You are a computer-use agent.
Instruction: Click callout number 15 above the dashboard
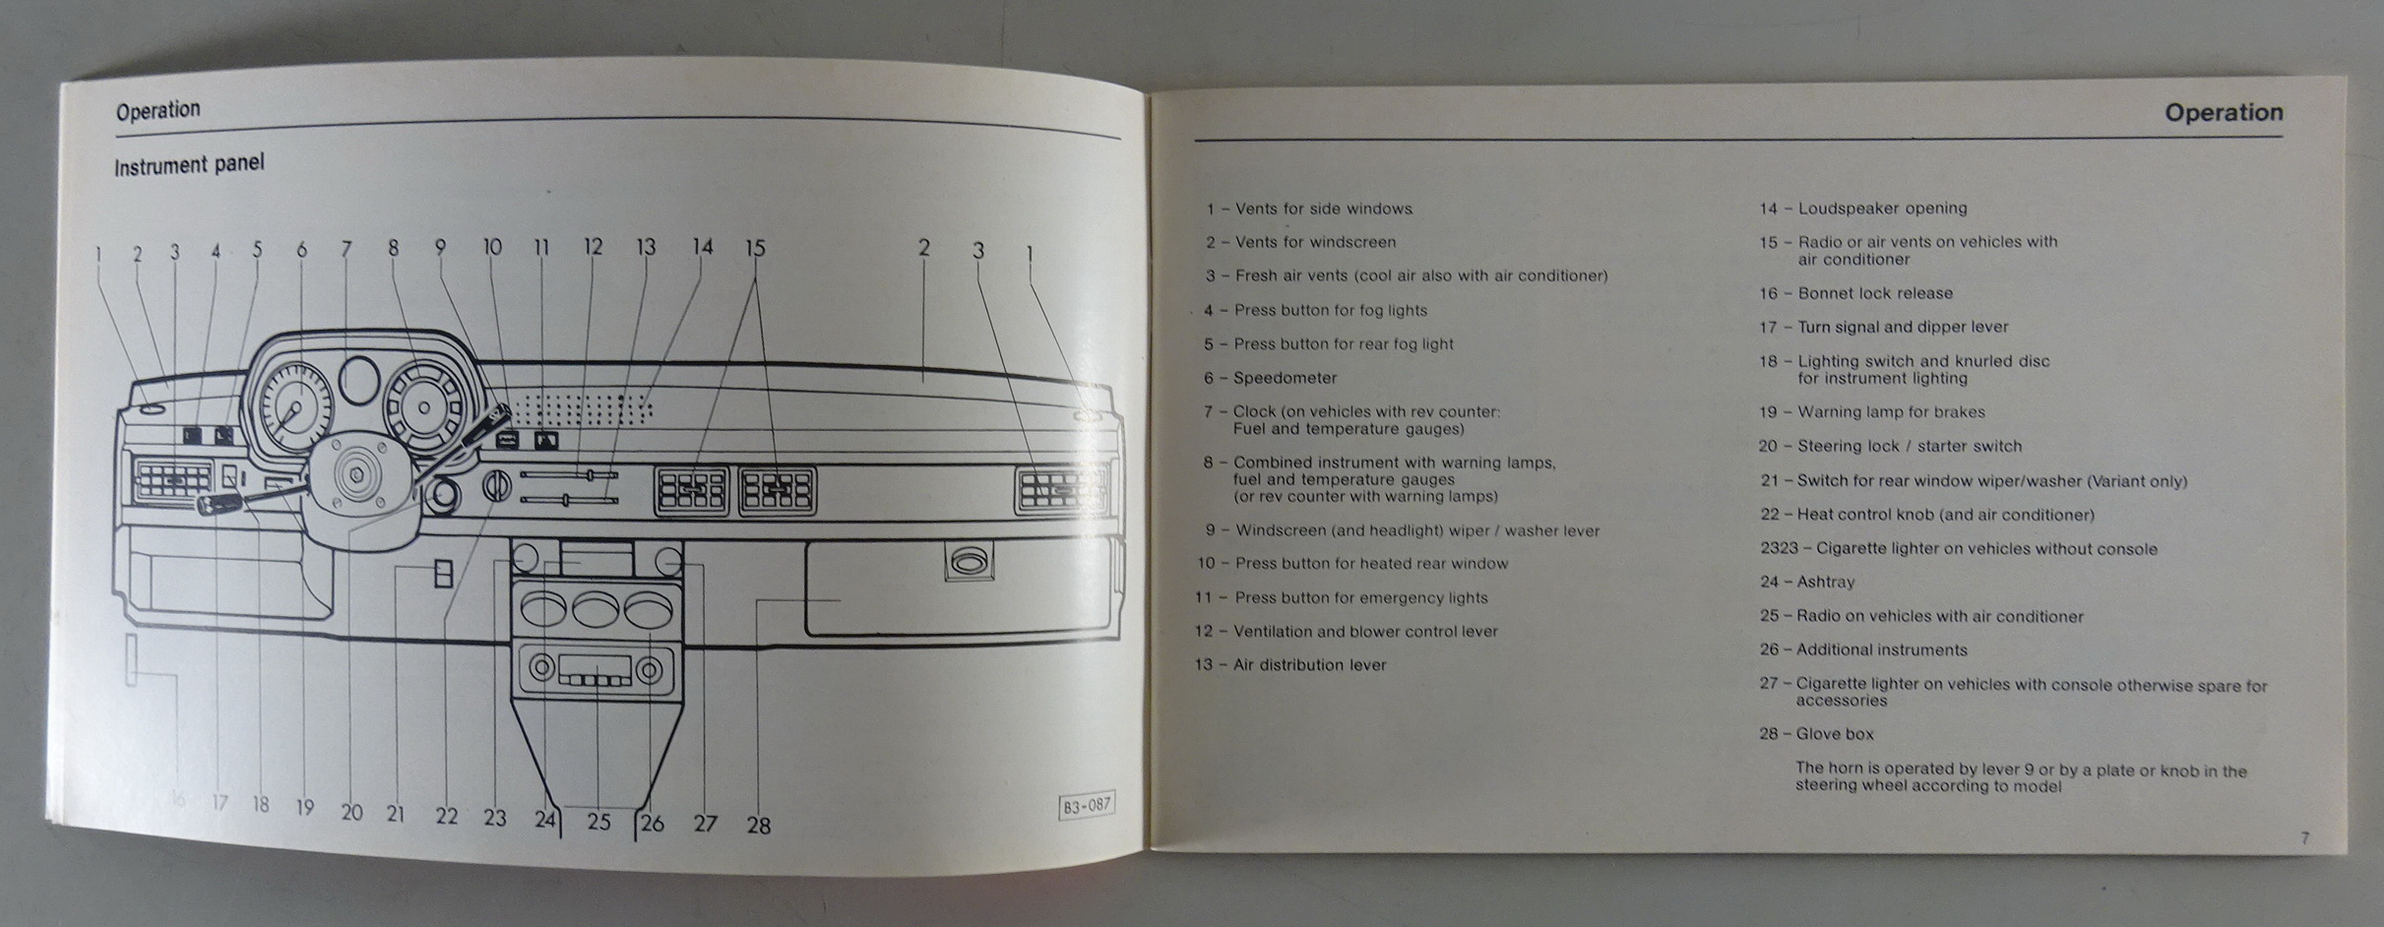click(x=755, y=248)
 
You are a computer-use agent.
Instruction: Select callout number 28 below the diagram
click(x=758, y=824)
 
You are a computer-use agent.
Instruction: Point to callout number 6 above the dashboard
click(x=302, y=249)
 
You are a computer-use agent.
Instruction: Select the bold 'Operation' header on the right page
click(x=2223, y=113)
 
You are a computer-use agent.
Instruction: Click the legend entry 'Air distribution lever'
click(x=1310, y=665)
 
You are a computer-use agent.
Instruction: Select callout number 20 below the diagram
click(x=352, y=812)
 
